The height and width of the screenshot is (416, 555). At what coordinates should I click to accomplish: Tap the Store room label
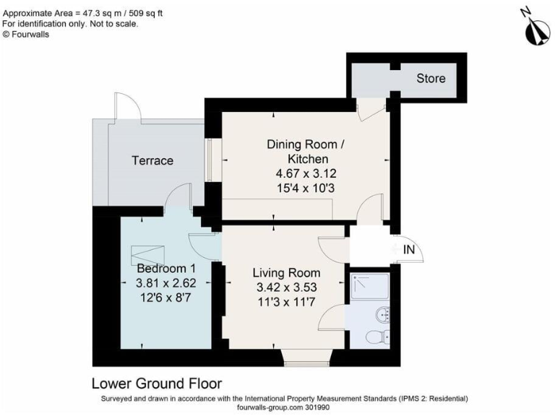[x=431, y=78]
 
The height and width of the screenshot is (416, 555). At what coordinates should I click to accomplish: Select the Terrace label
[x=152, y=160]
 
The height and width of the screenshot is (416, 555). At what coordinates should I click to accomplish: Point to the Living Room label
[x=286, y=273]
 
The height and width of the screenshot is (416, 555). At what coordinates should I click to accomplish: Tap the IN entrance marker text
[x=409, y=250]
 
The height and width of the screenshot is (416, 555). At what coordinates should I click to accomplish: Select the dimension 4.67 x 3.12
[x=307, y=173]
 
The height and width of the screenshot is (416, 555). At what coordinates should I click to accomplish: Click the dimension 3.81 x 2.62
[x=166, y=282]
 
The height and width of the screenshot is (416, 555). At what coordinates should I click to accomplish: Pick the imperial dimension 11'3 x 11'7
[x=286, y=301]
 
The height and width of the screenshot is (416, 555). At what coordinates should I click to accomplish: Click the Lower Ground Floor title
[x=157, y=383]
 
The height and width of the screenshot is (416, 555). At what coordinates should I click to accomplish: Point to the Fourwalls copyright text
[x=25, y=33]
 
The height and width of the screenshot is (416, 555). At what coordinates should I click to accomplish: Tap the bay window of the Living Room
[x=306, y=358]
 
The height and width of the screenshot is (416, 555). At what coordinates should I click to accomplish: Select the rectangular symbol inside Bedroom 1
[x=148, y=255]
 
